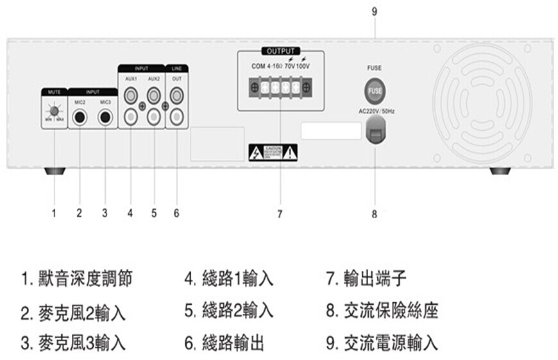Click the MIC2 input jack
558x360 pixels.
tap(80, 117)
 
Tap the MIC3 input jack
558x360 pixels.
tap(105, 117)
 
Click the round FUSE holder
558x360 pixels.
tap(375, 90)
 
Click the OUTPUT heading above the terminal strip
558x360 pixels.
tap(280, 51)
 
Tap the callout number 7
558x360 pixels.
tap(280, 214)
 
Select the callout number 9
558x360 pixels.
tap(375, 11)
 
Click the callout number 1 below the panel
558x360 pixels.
tap(55, 214)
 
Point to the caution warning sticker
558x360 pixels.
tap(273, 152)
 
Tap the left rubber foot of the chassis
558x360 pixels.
tap(55, 171)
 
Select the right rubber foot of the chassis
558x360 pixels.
tap(500, 171)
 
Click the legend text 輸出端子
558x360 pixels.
tap(366, 279)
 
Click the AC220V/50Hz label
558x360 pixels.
tap(376, 111)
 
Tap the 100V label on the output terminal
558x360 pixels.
tap(303, 66)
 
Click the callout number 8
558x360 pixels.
tap(375, 214)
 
